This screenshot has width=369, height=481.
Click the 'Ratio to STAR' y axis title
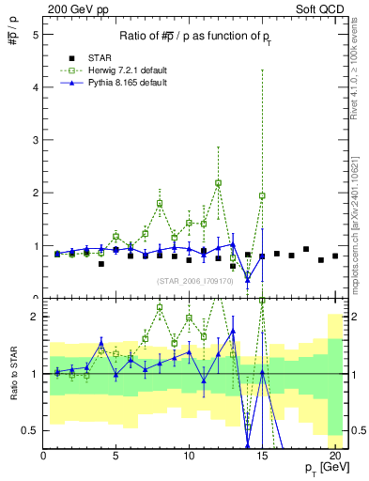[12, 374]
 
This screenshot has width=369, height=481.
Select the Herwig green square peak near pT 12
[218, 183]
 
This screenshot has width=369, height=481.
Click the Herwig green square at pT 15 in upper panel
[262, 195]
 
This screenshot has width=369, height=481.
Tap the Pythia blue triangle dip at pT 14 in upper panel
[248, 279]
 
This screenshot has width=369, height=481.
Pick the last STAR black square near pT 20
[335, 256]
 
